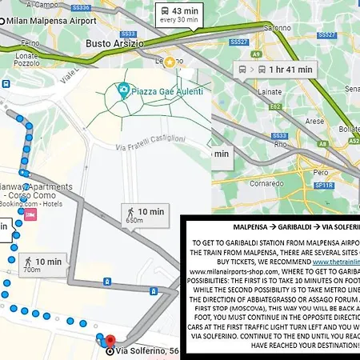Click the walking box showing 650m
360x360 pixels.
(x=145, y=214)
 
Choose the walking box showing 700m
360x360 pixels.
(x=42, y=264)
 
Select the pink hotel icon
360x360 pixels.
(x=31, y=214)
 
